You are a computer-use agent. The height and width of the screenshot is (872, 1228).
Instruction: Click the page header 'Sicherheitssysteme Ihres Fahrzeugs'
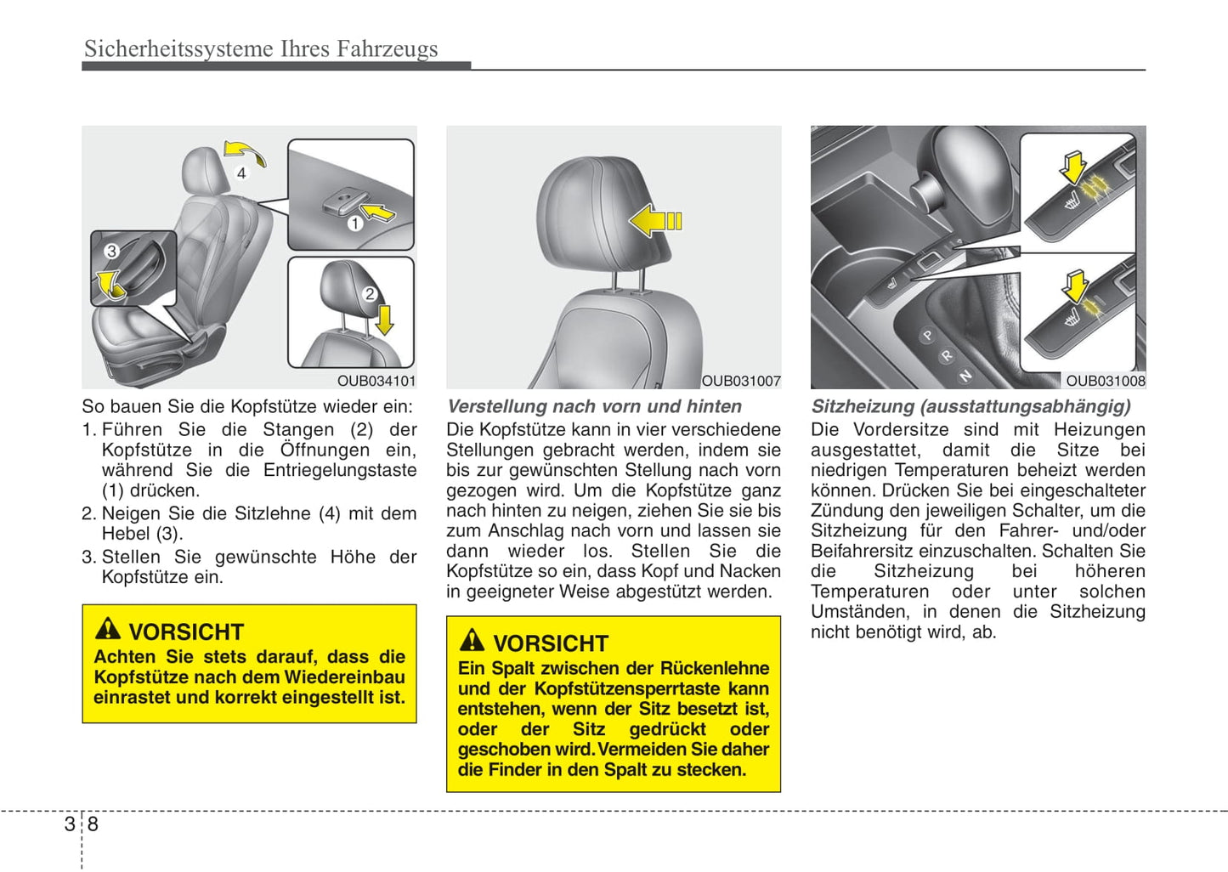point(261,49)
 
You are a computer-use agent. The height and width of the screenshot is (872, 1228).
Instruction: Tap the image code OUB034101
point(376,382)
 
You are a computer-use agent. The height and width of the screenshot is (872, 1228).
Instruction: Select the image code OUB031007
point(740,382)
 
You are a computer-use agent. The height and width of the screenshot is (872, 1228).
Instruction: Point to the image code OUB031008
point(1105,382)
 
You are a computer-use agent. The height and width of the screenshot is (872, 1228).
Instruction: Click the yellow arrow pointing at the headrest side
point(655,221)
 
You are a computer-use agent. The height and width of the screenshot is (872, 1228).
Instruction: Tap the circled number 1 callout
point(354,224)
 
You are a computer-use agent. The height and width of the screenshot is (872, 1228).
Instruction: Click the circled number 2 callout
point(370,294)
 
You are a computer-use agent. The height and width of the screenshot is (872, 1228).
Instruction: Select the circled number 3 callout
point(111,251)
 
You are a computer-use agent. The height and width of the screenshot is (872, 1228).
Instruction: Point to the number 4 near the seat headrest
point(241,173)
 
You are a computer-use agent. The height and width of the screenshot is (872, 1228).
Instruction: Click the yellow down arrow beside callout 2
point(384,320)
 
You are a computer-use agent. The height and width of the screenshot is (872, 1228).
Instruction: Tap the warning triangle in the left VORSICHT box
point(108,629)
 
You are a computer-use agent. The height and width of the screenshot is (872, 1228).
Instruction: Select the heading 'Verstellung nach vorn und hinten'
point(594,406)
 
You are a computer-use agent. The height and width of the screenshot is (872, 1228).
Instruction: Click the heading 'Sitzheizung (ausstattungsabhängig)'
point(971,406)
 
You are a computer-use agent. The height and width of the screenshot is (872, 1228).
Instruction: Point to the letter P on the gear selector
point(927,336)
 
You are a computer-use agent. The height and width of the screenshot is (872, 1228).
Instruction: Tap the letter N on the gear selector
point(965,375)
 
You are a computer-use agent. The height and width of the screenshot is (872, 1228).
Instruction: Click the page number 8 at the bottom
point(93,824)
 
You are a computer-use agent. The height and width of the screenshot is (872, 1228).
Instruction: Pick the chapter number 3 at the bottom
point(70,824)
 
